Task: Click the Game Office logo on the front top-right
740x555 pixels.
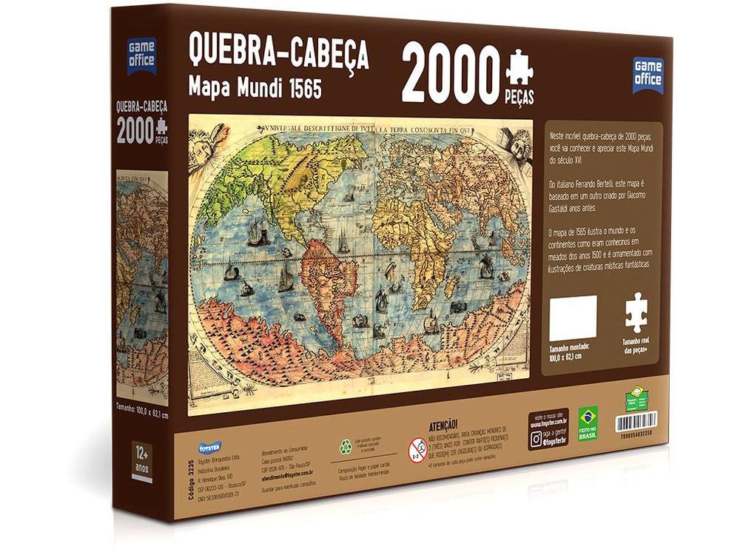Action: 647,75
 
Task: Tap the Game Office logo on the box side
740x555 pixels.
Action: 141,55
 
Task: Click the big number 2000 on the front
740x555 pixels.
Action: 451,76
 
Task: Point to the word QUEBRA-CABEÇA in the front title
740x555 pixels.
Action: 279,53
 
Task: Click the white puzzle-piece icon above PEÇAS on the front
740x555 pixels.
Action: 519,69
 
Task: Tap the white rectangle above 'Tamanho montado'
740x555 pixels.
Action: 573,318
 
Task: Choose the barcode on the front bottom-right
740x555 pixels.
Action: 636,422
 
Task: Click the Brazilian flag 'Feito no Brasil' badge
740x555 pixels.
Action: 588,423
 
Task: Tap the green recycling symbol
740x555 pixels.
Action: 346,447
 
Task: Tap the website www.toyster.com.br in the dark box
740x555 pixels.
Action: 552,425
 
